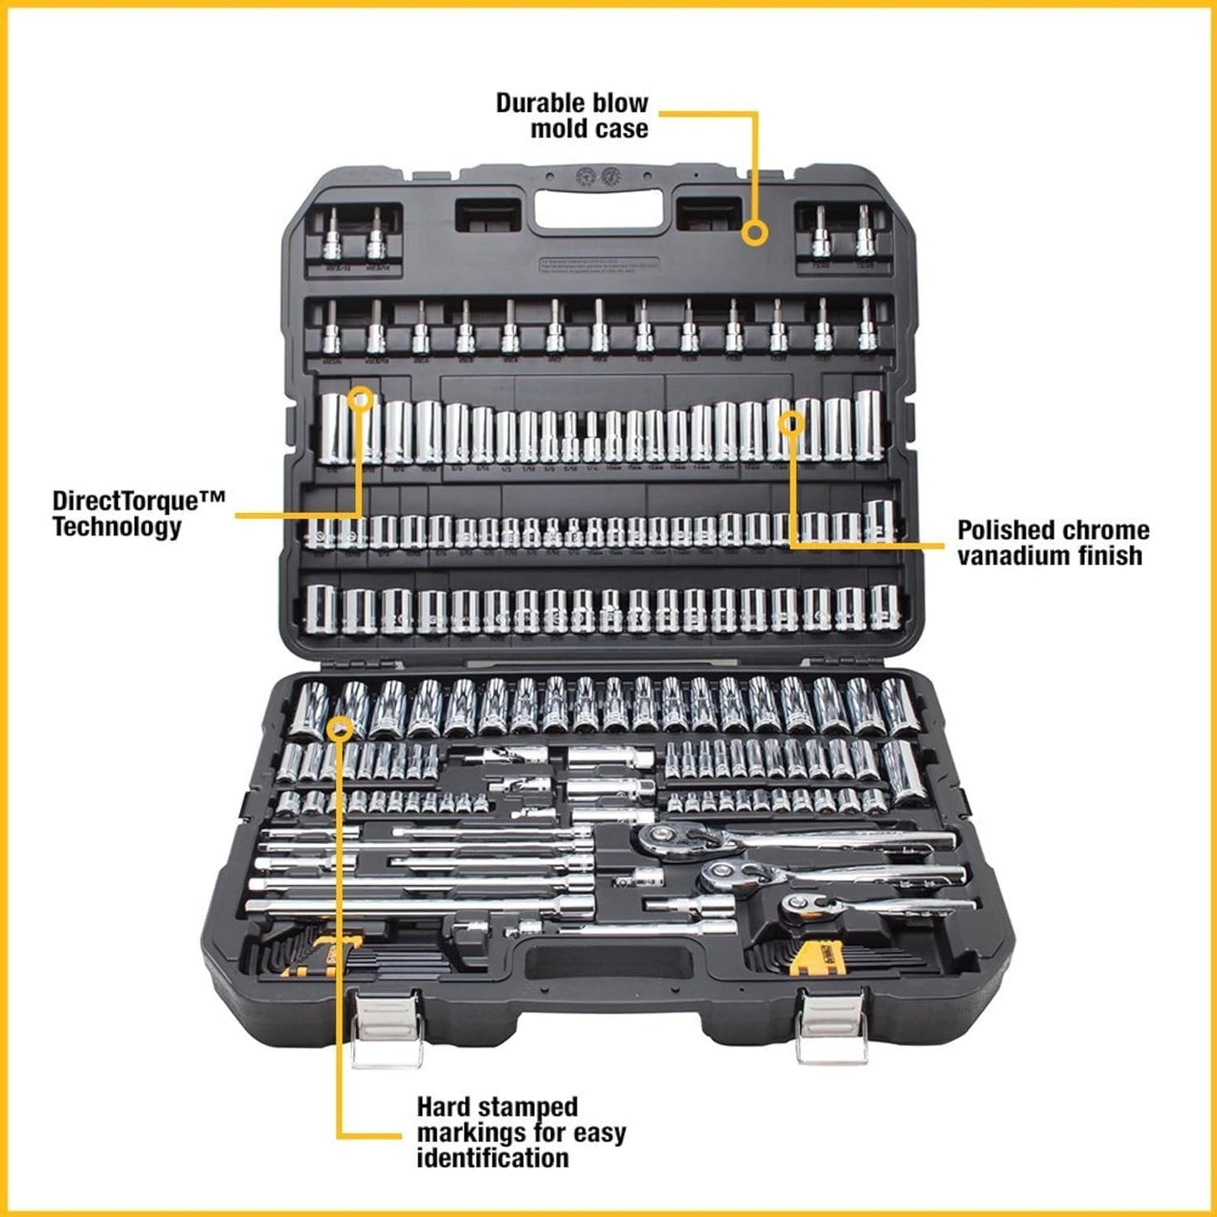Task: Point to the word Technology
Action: pos(117,527)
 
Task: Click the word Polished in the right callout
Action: pos(1003,530)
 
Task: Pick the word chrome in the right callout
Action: pos(1104,530)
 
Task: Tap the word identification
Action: pos(493,1158)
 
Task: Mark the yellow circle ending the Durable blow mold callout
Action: pos(755,232)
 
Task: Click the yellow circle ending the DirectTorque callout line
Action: pos(361,398)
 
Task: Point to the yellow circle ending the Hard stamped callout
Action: pos(339,729)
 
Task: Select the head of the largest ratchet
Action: pos(663,837)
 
